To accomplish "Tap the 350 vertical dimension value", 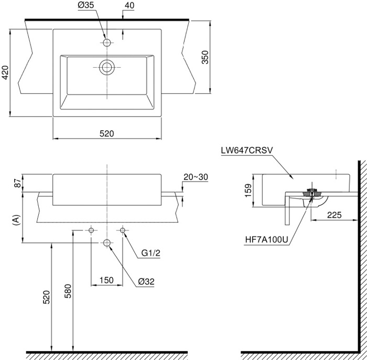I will pos(206,57).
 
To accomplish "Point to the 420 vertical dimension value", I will pos(5,72).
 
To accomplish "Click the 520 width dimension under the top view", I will pos(107,134).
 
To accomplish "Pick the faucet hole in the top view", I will pos(107,43).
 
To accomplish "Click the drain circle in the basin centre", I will pos(107,67).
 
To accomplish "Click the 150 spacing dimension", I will pos(106,281).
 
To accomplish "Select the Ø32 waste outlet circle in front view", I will pos(107,242).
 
